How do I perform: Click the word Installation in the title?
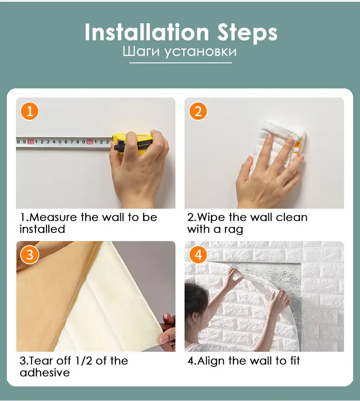(147, 32)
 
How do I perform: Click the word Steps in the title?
(247, 33)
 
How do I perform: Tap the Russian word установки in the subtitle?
(200, 52)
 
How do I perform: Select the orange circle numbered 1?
(30, 112)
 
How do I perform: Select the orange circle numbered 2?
(198, 112)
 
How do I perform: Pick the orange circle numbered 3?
(30, 255)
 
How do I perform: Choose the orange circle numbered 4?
(198, 255)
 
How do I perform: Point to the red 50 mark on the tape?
(31, 141)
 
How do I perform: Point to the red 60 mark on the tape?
(90, 141)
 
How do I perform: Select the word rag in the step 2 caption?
(233, 230)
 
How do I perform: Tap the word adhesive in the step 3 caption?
(45, 372)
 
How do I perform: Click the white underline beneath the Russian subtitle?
(180, 63)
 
